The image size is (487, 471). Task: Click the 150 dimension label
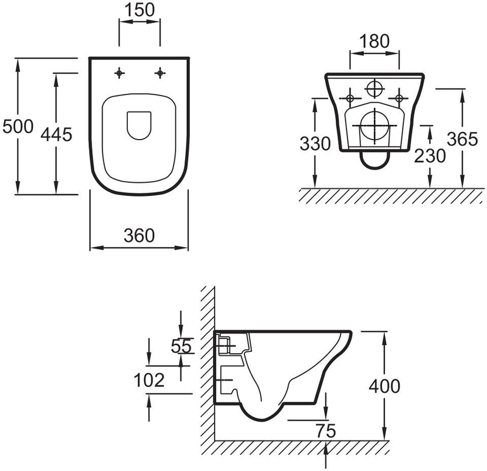pyautogui.click(x=139, y=10)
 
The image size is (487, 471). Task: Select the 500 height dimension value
pyautogui.click(x=16, y=127)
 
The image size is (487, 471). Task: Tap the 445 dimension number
pyautogui.click(x=56, y=135)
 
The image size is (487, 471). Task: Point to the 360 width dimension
pyautogui.click(x=139, y=235)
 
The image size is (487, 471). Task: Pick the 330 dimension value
pyautogui.click(x=315, y=144)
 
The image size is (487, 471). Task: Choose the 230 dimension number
pyautogui.click(x=430, y=155)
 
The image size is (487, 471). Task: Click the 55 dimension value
pyautogui.click(x=181, y=347)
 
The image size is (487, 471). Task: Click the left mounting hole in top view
pyautogui.click(x=120, y=73)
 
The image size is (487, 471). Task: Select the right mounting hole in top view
pyautogui.click(x=159, y=73)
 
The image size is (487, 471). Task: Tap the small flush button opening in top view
pyautogui.click(x=139, y=125)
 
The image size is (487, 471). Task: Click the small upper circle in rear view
pyautogui.click(x=374, y=88)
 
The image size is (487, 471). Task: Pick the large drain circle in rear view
pyautogui.click(x=374, y=125)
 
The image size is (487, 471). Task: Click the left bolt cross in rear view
pyautogui.click(x=350, y=97)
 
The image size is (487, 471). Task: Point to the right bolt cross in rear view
pyautogui.click(x=400, y=97)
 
